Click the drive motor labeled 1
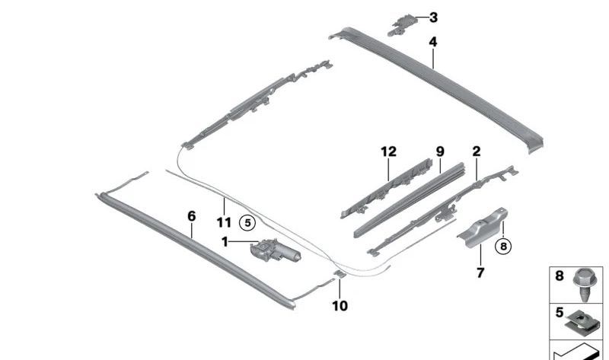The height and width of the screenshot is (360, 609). click(x=275, y=250)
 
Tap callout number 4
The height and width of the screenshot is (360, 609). click(x=433, y=42)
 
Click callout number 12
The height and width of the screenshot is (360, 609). click(x=389, y=151)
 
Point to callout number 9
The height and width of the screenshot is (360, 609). click(x=440, y=151)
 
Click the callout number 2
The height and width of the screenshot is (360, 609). click(x=477, y=151)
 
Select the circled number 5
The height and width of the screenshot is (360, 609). click(x=248, y=223)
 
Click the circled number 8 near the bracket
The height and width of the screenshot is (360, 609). click(x=503, y=246)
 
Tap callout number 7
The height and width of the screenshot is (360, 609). click(x=480, y=272)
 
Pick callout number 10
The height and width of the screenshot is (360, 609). click(x=340, y=306)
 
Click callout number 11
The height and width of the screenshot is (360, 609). click(x=224, y=222)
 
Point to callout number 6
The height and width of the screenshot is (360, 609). click(x=192, y=216)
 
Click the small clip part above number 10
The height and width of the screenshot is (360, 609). click(x=340, y=274)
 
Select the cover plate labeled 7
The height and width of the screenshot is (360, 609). click(x=483, y=228)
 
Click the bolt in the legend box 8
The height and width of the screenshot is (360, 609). click(x=585, y=285)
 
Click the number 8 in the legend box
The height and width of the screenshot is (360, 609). click(x=560, y=276)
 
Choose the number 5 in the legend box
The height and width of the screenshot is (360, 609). click(x=560, y=312)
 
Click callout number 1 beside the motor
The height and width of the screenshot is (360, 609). click(x=225, y=242)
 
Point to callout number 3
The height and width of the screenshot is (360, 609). click(x=433, y=18)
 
